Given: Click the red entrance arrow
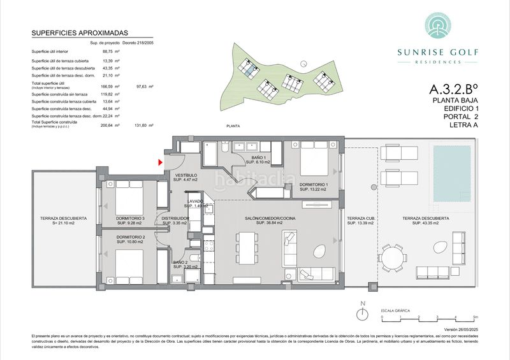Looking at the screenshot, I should [161, 164].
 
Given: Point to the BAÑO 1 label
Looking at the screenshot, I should [258, 159].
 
